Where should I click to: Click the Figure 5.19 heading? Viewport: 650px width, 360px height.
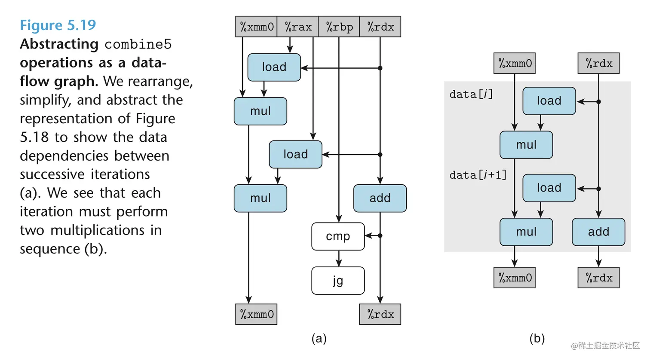coord(58,25)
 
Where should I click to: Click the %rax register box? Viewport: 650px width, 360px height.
coord(298,27)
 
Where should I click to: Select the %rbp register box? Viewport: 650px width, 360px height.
coord(339,27)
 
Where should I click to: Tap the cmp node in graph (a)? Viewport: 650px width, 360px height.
coord(338,236)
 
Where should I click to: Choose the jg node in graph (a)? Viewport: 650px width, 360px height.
coord(338,281)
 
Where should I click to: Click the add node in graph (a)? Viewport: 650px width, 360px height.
coord(380,198)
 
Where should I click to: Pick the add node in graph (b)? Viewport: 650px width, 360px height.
coord(598,232)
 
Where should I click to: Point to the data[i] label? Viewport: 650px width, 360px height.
coord(471,94)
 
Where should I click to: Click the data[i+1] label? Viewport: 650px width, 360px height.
coord(478,175)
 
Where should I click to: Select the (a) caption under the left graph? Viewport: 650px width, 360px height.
coord(319,339)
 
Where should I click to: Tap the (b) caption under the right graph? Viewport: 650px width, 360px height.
coord(537,339)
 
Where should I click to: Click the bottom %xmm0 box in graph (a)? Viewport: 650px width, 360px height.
coord(256,314)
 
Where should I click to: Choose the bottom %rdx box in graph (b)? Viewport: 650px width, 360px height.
coord(599,278)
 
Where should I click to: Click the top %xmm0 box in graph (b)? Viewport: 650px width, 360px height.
coord(515,64)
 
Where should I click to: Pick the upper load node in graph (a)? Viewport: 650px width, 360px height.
coord(274,67)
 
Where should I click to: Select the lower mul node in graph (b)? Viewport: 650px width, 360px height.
coord(526,232)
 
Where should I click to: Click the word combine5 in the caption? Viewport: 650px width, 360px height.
coord(138,44)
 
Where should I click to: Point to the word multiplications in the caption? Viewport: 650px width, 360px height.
coord(97,230)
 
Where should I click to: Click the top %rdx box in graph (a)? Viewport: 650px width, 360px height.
coord(380,27)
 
